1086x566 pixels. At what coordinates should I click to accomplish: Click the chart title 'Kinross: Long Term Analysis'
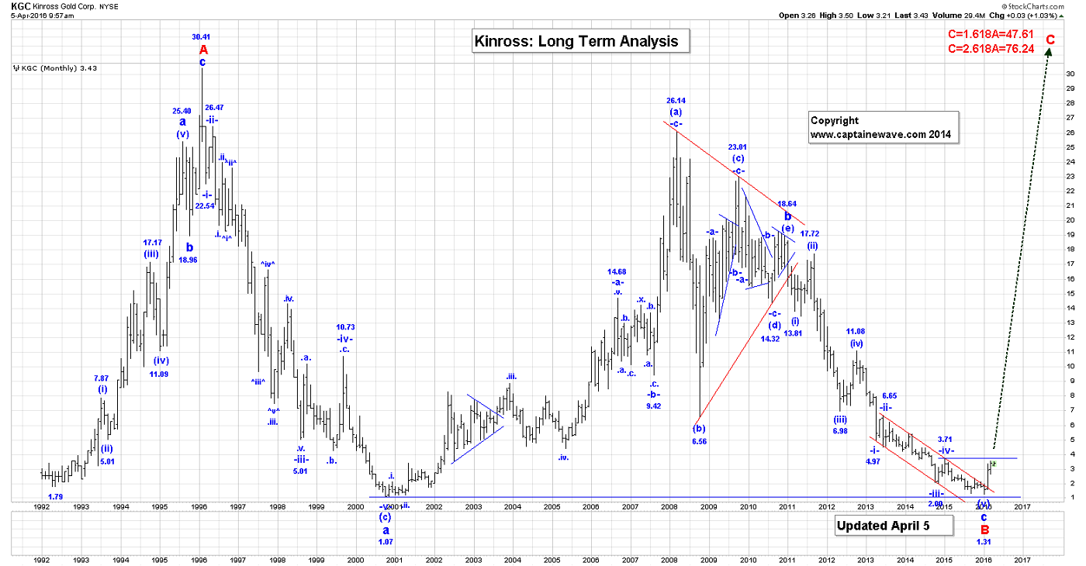coord(580,41)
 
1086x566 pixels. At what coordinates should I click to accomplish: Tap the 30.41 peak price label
coord(201,36)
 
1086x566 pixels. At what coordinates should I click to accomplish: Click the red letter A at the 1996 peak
coord(202,49)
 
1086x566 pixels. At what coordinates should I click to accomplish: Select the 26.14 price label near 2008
coord(676,100)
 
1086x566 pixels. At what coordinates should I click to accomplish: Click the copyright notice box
coord(884,127)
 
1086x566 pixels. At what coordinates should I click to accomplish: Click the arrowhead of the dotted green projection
coord(1049,51)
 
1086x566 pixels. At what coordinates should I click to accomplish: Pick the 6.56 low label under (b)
coord(700,441)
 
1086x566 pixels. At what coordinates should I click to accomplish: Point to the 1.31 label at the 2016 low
coord(984,541)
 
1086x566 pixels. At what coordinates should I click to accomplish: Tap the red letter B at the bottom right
coord(984,530)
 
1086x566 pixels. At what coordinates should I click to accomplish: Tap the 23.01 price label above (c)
coord(737,147)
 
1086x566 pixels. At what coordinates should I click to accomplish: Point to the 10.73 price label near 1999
coord(345,327)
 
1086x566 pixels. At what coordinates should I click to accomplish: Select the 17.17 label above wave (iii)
coord(152,243)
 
